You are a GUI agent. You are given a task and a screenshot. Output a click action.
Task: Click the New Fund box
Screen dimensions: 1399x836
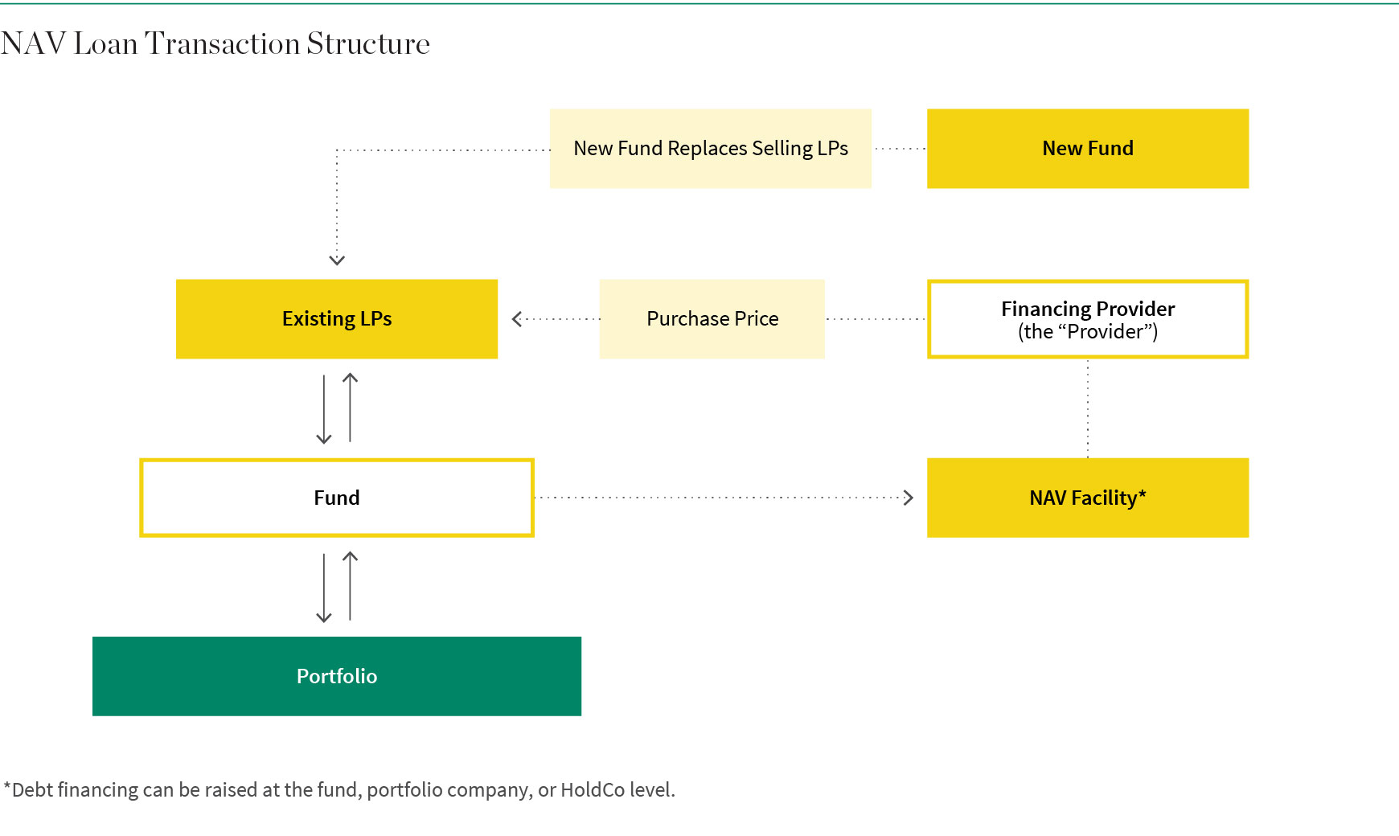point(1088,149)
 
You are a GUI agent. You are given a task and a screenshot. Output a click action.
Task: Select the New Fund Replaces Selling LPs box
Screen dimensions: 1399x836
point(711,149)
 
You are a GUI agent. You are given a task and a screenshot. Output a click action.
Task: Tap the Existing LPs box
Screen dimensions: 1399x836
point(337,319)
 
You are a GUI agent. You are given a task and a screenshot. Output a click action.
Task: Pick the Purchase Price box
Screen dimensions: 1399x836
point(712,319)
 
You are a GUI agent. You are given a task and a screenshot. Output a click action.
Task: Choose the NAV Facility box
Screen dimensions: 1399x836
point(1088,498)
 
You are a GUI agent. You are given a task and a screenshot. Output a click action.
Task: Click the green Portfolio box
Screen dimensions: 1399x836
point(337,676)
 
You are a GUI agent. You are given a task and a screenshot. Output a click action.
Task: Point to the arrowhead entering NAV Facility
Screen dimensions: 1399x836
point(909,498)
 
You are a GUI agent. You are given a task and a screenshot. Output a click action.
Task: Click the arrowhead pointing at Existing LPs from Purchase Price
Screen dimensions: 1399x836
point(517,319)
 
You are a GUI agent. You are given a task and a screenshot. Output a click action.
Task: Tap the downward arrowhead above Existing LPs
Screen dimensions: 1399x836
point(337,260)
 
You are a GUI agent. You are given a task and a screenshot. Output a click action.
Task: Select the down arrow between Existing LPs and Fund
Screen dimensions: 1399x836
point(324,409)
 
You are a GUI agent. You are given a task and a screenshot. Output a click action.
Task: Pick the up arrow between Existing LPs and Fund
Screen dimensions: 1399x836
point(350,408)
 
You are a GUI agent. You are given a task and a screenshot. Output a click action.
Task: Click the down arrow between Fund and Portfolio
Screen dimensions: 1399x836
point(324,588)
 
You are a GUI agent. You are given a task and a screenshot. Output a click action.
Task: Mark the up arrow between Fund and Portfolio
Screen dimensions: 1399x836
point(350,586)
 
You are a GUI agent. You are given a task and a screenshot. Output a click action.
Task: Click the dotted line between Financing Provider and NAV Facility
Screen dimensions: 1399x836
point(1088,408)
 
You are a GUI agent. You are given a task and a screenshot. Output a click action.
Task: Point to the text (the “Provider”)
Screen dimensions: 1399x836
point(1088,332)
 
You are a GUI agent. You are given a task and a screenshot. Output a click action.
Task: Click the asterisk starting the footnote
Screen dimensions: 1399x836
point(7,785)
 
